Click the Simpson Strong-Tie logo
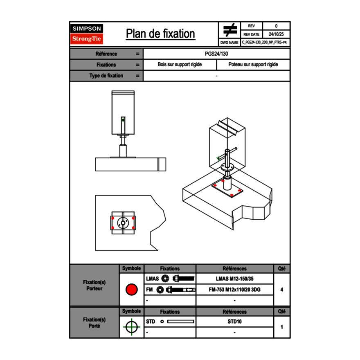point(87,34)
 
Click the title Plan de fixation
point(160,34)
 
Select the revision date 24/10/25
point(276,34)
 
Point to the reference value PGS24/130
point(216,54)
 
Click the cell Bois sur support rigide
point(180,65)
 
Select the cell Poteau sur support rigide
point(253,65)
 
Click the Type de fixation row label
point(106,76)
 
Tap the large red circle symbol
point(131,290)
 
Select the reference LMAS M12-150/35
point(234,279)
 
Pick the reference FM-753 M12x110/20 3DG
point(234,290)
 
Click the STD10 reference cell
point(234,322)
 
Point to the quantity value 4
point(281,290)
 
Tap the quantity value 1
point(281,327)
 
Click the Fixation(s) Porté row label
point(94,323)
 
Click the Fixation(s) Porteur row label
point(94,285)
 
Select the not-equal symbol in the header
point(230,30)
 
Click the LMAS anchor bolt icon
point(183,279)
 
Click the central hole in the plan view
point(123,223)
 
